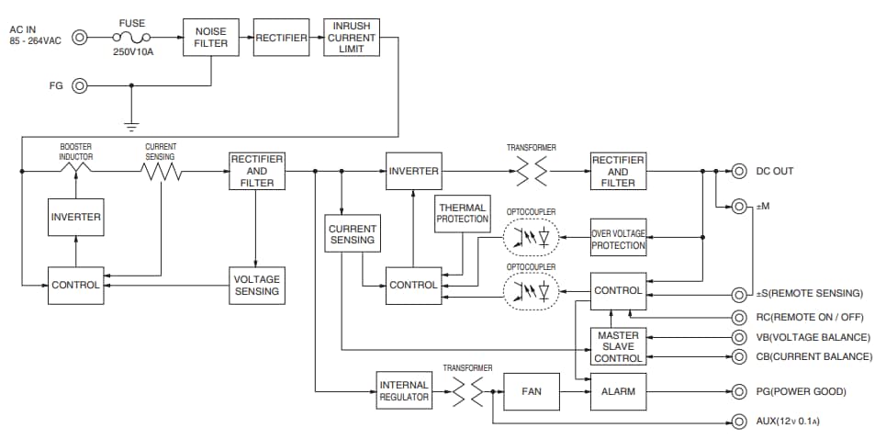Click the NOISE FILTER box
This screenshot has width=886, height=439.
coord(211,37)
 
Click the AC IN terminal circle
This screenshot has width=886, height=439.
coord(80,38)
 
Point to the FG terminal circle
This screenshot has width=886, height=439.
coord(80,86)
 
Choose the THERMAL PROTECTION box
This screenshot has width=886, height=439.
coord(463,213)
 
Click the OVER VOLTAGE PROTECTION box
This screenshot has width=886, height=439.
coord(618,240)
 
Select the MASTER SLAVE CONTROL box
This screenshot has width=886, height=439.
coord(618,346)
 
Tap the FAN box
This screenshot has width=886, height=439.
coord(532,391)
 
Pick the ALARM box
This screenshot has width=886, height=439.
coord(618,391)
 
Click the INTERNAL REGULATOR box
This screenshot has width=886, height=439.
coord(404,391)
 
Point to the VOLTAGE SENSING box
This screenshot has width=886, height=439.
coord(256,285)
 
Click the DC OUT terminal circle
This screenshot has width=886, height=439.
coord(738,171)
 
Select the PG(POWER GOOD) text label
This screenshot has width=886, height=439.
coord(800,392)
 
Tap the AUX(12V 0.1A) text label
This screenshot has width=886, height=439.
coord(795,422)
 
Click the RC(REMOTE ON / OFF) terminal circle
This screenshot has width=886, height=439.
coord(738,316)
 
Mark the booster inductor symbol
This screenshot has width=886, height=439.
coord(76,171)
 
